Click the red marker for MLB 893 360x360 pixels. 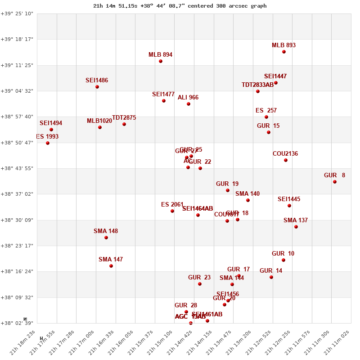(284, 52)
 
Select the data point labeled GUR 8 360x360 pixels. (335, 182)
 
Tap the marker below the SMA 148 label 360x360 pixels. (106, 238)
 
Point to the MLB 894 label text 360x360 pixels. (160, 55)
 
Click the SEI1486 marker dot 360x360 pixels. (97, 87)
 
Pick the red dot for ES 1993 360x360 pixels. (48, 143)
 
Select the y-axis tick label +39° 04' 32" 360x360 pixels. (17, 91)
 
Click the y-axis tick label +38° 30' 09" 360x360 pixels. (17, 220)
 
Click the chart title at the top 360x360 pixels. (180, 6)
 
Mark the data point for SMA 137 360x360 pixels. (296, 227)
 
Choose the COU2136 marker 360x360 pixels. (286, 160)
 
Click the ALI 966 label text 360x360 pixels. (188, 98)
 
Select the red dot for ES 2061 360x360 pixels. (172, 211)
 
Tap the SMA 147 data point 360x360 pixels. (111, 266)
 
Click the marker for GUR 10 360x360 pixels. (283, 260)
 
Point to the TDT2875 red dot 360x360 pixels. (124, 124)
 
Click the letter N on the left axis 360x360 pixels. (25, 319)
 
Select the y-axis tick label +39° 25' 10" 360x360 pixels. (17, 13)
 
